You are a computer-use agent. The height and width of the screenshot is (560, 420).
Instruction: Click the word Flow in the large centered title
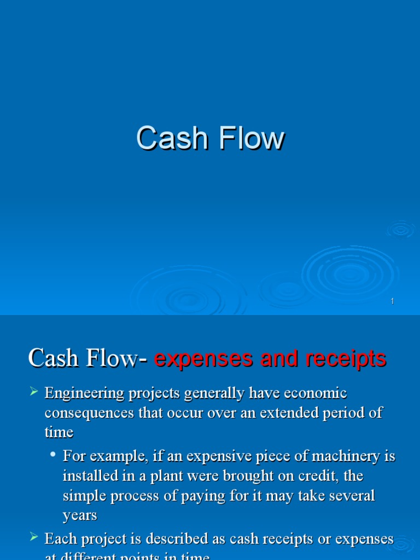(x=251, y=138)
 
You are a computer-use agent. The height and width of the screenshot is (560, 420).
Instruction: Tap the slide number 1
(x=393, y=301)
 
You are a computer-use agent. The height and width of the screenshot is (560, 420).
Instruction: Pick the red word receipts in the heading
(x=347, y=359)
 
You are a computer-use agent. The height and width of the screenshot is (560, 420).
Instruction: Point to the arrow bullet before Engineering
(x=34, y=391)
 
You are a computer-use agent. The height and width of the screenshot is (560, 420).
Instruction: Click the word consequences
(x=90, y=413)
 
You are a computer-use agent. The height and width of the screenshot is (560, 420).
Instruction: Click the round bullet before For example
(x=53, y=454)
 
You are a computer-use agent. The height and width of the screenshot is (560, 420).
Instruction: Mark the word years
(x=80, y=515)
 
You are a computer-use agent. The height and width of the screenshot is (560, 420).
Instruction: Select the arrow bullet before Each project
(x=34, y=537)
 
